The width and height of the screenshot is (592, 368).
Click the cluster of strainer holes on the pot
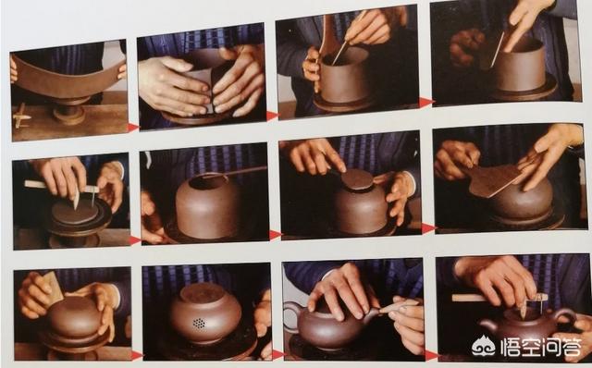pos(199,323)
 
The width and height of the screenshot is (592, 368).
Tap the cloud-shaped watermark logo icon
pos(484,346)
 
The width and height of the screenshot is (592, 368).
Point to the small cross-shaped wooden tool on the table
pos(20,116)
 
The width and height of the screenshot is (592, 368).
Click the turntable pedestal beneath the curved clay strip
pos(69,111)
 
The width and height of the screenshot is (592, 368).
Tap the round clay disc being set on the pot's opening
pos(357,178)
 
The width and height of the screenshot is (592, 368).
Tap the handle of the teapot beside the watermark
pos(565,316)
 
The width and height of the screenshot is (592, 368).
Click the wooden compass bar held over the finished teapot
pos(499,298)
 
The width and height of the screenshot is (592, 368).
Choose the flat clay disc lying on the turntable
pos(75,212)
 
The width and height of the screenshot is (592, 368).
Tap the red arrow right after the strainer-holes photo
pos(278,354)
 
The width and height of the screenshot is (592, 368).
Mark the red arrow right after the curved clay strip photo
pos(133,128)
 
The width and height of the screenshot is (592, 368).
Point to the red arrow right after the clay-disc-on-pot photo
pos(427,228)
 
